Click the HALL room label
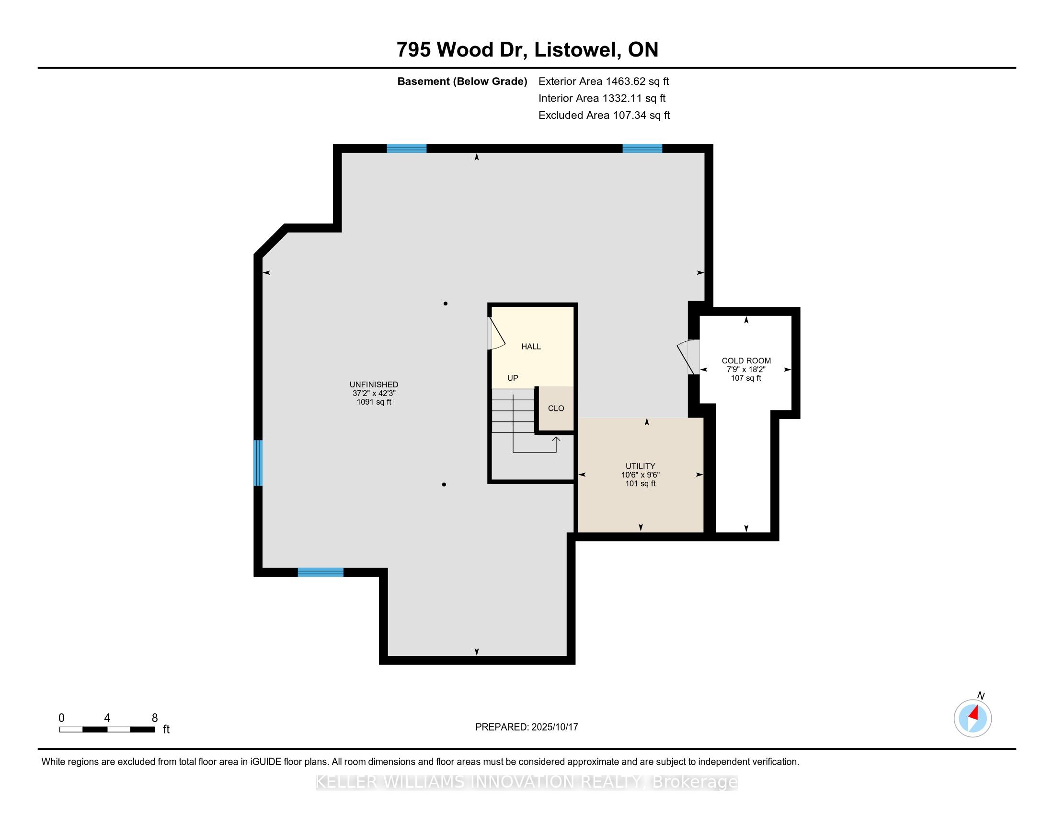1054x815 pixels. (531, 346)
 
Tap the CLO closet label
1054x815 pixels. (556, 408)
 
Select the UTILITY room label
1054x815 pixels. (641, 466)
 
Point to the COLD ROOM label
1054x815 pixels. (746, 361)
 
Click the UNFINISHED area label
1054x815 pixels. (374, 385)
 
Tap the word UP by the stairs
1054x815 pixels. (513, 378)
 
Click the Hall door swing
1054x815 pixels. (497, 333)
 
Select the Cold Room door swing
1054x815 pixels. (687, 357)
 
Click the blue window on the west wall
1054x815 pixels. (258, 463)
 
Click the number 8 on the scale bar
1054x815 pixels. (155, 718)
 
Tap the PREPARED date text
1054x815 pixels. (527, 727)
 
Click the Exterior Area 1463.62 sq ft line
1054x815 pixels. (604, 81)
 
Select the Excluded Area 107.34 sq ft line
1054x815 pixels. (604, 116)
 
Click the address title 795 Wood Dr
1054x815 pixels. (461, 50)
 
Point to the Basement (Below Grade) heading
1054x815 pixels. (462, 81)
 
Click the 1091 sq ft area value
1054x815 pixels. (374, 402)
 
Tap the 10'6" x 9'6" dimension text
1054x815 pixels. (641, 475)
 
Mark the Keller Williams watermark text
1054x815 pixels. (527, 782)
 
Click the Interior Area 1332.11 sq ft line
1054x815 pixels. (602, 98)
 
